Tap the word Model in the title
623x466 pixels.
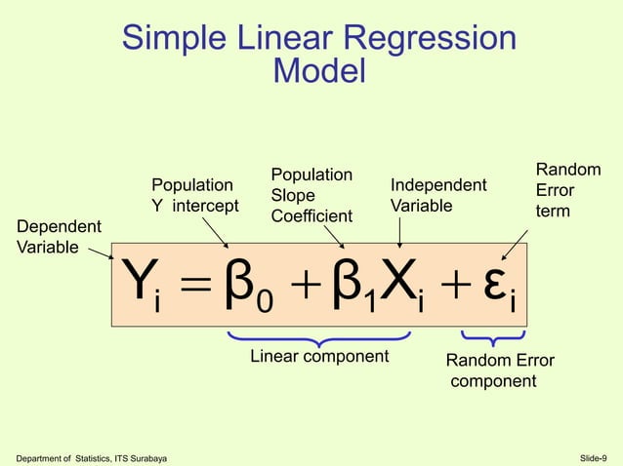pos(319,71)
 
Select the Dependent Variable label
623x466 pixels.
pos(59,237)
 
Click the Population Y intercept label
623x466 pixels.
pos(193,194)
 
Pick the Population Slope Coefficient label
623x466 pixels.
pos(311,195)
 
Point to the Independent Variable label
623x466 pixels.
pos(438,195)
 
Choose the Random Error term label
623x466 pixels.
pos(567,190)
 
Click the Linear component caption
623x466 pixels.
pos(319,356)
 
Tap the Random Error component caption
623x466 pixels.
pos(499,370)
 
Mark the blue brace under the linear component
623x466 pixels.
pos(318,338)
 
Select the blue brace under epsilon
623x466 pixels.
pos(494,338)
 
